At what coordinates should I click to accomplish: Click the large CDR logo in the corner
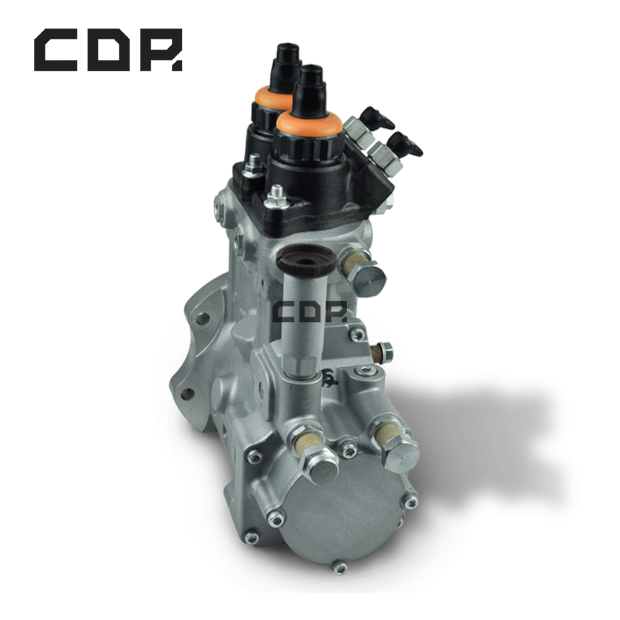(108, 50)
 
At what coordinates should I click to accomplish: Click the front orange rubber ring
(309, 122)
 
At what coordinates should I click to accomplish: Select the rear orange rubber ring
(273, 95)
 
